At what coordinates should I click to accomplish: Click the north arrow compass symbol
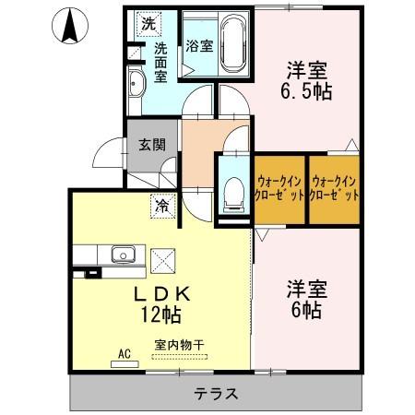click(x=69, y=25)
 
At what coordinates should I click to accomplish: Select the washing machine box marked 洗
click(x=147, y=22)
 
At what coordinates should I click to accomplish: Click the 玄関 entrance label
click(x=152, y=144)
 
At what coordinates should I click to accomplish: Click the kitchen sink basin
click(x=120, y=254)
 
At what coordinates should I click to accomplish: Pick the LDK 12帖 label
click(x=162, y=303)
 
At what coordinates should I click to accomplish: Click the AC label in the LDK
click(x=124, y=351)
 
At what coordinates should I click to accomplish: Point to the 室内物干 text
click(x=179, y=345)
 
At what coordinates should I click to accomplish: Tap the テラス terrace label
click(x=216, y=393)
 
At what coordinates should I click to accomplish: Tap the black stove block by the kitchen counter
click(x=91, y=273)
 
